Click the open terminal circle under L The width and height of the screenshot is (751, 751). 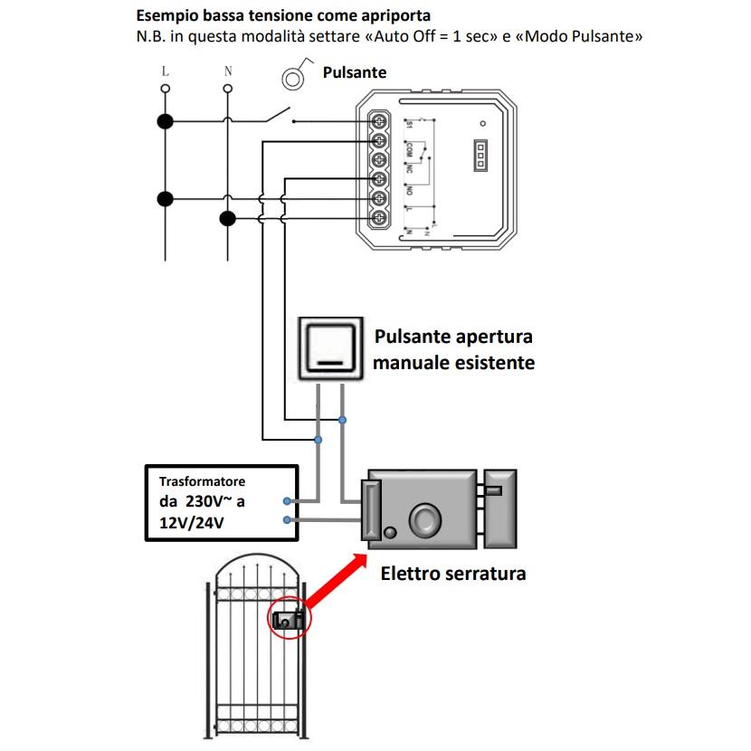[166, 89]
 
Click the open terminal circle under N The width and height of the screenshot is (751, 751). [227, 89]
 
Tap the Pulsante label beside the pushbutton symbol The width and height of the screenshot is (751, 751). [354, 72]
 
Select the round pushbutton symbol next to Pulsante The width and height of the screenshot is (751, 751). [292, 79]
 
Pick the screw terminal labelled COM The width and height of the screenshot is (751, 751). [378, 140]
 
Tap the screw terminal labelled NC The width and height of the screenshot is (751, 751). [378, 159]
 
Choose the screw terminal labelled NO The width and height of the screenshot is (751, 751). [378, 178]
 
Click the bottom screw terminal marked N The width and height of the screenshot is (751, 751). [378, 217]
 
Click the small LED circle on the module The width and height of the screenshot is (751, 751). [483, 122]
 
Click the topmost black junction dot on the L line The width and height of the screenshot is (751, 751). [166, 121]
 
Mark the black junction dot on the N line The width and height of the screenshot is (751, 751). [227, 218]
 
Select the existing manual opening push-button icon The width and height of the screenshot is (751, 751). [330, 349]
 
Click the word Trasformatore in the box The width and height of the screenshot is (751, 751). [202, 482]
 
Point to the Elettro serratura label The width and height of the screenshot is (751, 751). [452, 574]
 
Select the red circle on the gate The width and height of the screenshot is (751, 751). [290, 619]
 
